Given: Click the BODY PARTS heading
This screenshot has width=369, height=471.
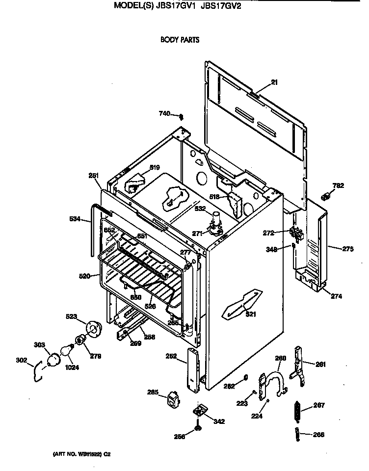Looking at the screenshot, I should pos(180,40).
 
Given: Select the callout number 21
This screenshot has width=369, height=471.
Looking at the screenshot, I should pos(274,82).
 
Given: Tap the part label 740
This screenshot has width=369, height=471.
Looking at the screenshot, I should pos(164,114).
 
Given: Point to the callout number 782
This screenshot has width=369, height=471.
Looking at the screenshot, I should pos(338,185).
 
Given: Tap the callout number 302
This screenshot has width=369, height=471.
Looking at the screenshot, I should pos(22,361).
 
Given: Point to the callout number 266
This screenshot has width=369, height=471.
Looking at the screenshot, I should pos(319,434).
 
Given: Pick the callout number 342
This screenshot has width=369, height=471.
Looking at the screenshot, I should pos(219,420).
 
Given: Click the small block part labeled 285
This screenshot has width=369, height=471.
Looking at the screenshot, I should pos(172,398).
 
